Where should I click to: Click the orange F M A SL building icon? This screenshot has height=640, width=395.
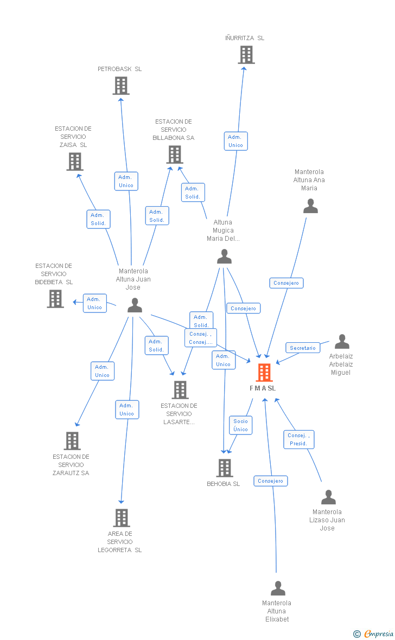(264, 373)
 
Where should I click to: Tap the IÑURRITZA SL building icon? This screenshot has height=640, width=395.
(246, 55)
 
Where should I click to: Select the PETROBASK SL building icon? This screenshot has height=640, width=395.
(121, 86)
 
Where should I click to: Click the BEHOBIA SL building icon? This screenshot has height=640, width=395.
(225, 468)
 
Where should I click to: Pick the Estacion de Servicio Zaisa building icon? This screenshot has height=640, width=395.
(75, 162)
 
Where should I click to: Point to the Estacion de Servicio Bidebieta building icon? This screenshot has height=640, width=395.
(55, 299)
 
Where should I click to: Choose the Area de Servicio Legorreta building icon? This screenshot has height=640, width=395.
(122, 518)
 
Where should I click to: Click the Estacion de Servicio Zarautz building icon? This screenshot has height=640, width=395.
(72, 441)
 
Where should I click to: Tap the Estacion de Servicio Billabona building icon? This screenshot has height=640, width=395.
(175, 155)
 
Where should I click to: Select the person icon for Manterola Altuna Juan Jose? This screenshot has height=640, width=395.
(135, 306)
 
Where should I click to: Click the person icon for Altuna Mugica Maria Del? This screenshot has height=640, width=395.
(224, 257)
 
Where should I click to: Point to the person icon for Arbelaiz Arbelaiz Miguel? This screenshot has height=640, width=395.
(342, 342)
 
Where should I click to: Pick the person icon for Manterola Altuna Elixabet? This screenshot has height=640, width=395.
(278, 588)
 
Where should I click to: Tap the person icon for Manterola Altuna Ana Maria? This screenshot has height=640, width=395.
(310, 206)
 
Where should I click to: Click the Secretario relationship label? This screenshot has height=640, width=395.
(302, 348)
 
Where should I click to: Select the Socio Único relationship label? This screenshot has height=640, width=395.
(240, 425)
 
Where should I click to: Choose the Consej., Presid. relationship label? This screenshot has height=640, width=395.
(298, 439)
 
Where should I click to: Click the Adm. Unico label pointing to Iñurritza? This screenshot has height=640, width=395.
(235, 141)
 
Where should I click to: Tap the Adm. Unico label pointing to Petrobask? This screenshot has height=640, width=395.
(126, 181)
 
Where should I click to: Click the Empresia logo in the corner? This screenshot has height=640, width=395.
(374, 633)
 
